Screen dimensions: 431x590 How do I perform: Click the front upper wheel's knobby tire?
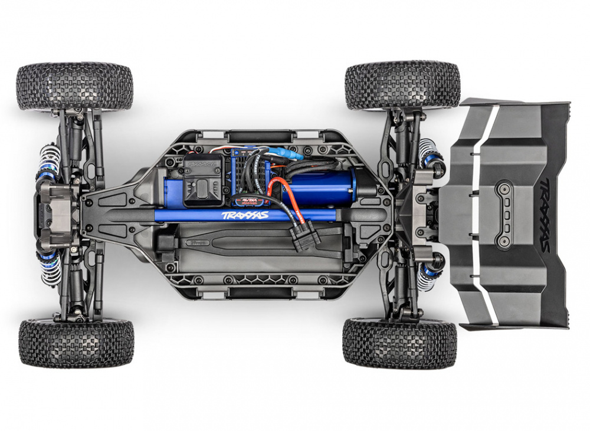[x=75, y=87]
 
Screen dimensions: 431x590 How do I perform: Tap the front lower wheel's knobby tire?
[x=76, y=343]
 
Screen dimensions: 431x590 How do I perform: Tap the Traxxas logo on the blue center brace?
[x=245, y=215]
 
